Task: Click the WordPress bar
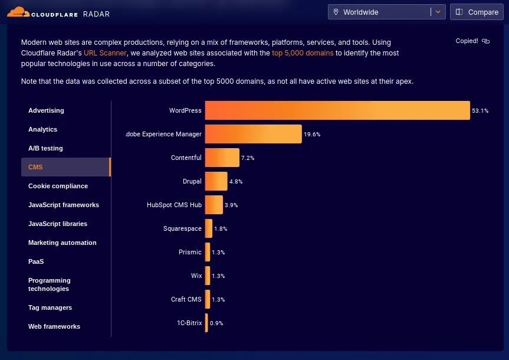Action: (x=337, y=110)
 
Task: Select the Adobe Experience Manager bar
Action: (x=253, y=134)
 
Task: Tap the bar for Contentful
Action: (x=222, y=158)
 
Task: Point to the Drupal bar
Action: (x=216, y=181)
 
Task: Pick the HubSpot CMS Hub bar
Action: (x=214, y=205)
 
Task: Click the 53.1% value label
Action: (x=480, y=111)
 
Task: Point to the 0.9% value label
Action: (x=216, y=323)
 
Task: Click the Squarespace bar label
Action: (x=182, y=228)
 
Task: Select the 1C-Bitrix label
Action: (x=189, y=323)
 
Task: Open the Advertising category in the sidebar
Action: (x=46, y=110)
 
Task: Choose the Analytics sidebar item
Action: (x=42, y=129)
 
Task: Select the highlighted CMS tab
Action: (x=66, y=167)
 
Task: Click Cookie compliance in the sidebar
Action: (x=58, y=186)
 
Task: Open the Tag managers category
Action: (x=50, y=307)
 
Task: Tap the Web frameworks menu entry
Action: (x=54, y=326)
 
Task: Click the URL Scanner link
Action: (x=105, y=53)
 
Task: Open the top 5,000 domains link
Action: (x=303, y=53)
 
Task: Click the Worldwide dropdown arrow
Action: (x=438, y=12)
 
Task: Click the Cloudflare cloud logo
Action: (x=18, y=12)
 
